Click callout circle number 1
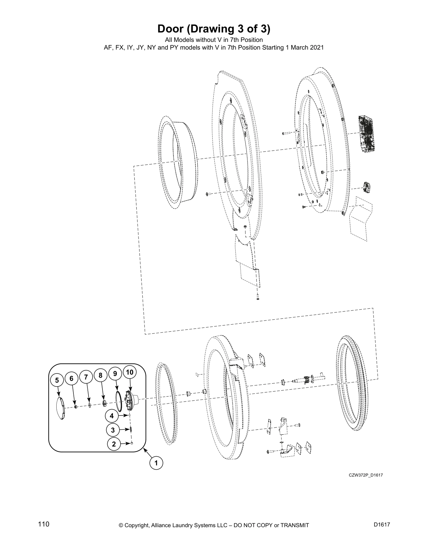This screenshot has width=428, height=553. tap(156, 463)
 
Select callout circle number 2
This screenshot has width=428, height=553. tap(114, 444)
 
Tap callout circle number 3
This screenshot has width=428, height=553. tap(113, 430)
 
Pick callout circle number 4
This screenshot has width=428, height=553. tap(112, 416)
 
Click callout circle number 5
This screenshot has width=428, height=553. tap(57, 381)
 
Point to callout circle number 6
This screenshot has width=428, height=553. tap(72, 378)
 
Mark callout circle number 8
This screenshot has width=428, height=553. tap(100, 376)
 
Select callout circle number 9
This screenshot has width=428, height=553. tap(115, 374)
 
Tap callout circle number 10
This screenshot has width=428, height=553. tap(129, 372)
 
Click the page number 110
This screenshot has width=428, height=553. tap(44, 524)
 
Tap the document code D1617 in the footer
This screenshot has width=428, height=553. tap(381, 525)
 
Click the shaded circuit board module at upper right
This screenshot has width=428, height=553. tap(366, 133)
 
